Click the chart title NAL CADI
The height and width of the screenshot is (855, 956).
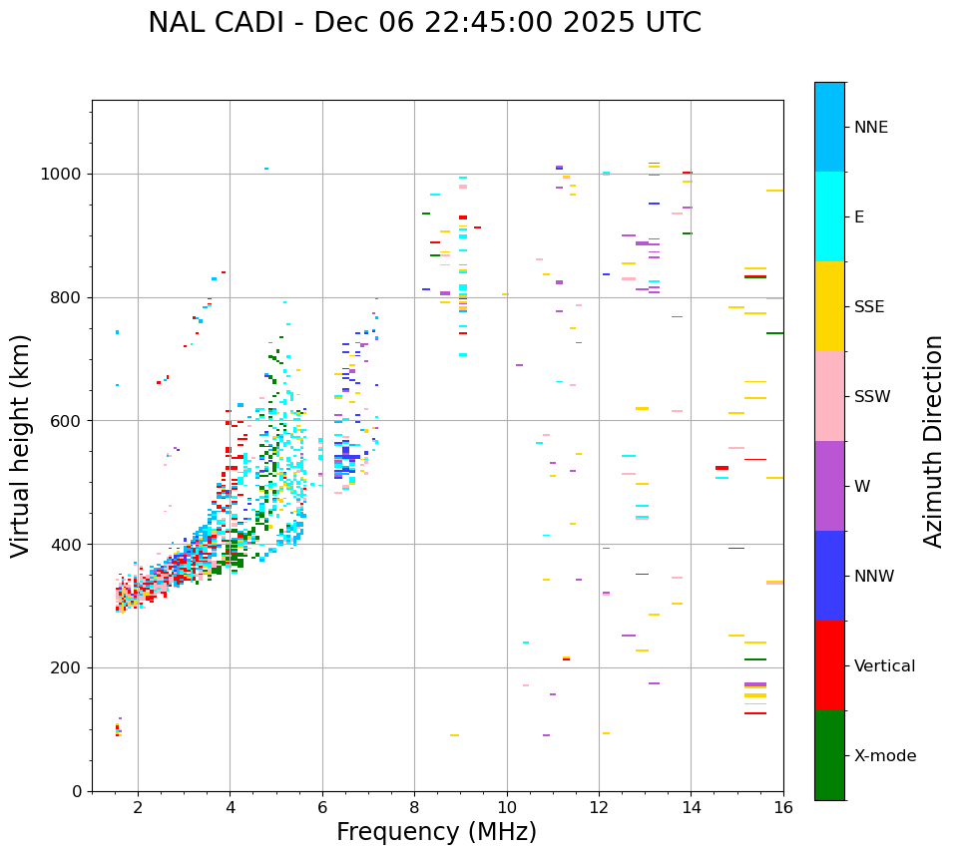[x=424, y=23]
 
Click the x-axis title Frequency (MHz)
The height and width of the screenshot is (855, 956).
[x=436, y=832]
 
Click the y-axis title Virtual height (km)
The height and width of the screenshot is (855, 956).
[x=21, y=445]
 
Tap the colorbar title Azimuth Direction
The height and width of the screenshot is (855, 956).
[x=933, y=440]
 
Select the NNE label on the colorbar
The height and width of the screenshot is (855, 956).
[x=870, y=128]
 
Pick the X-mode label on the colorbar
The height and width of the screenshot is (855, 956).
[x=884, y=756]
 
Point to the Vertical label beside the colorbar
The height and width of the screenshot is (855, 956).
[x=884, y=666]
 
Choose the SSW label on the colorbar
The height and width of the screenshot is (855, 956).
[x=871, y=397]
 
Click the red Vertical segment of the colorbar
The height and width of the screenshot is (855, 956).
[x=829, y=665]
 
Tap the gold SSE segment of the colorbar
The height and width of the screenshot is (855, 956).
[x=829, y=306]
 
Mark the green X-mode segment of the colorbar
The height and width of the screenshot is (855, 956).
[x=829, y=755]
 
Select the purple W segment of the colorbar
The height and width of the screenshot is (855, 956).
[x=829, y=486]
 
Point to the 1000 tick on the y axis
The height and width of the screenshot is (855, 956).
[x=66, y=175]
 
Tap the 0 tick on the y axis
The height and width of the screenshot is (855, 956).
[x=79, y=791]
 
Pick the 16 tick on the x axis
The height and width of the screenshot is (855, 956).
[x=783, y=807]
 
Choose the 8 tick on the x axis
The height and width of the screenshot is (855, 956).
[x=414, y=807]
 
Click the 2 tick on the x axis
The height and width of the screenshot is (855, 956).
[x=138, y=807]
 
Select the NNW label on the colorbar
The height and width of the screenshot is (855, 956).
[x=874, y=577]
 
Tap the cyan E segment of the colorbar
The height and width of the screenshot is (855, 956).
[x=829, y=216]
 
